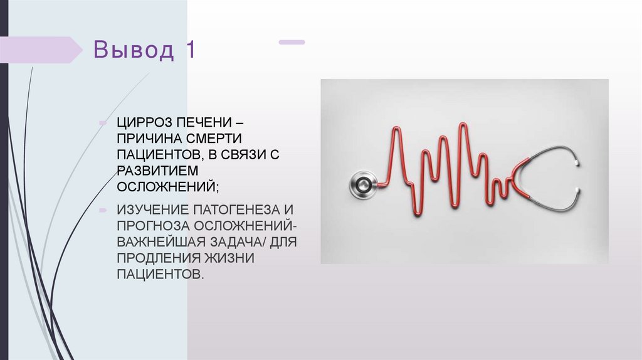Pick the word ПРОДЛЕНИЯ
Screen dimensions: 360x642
[150, 258]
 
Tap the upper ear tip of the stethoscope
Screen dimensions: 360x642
[575, 161]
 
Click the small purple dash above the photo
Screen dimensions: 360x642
[292, 42]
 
